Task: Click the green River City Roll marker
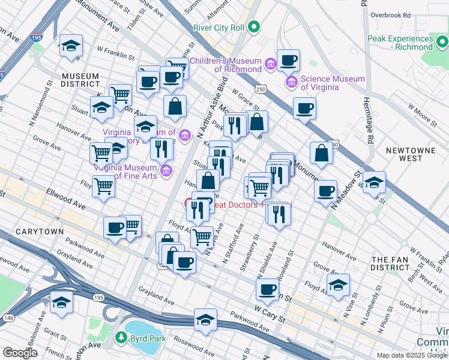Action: click(254, 26)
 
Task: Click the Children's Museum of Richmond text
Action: click(225, 65)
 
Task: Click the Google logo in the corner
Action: click(20, 353)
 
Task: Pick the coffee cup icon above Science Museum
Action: click(288, 60)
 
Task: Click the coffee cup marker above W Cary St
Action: click(267, 289)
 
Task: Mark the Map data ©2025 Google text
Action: click(412, 355)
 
